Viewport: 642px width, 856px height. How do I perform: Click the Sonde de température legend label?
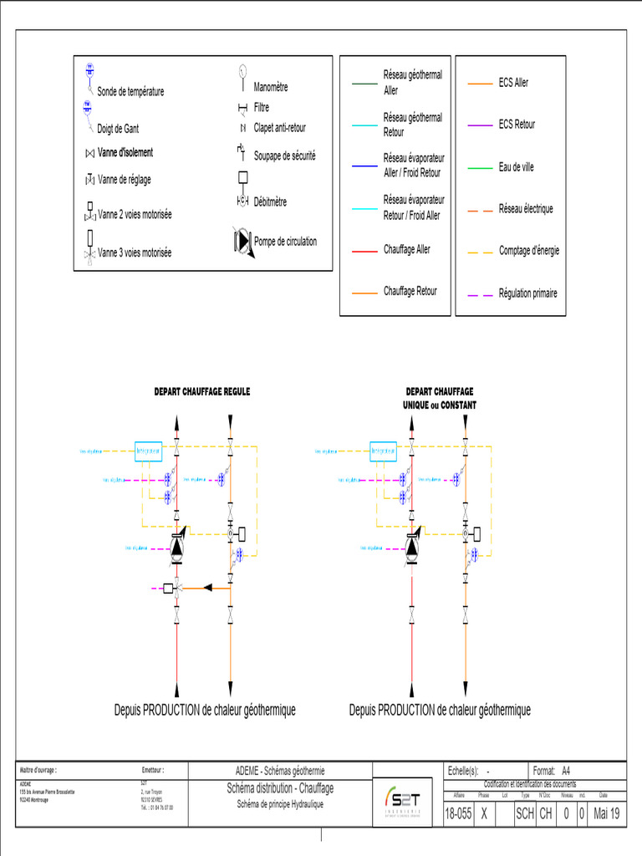tap(130, 92)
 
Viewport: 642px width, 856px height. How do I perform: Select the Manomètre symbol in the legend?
tap(242, 74)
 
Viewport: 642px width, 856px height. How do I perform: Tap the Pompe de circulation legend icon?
tap(241, 241)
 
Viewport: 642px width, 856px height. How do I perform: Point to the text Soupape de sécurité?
tap(285, 155)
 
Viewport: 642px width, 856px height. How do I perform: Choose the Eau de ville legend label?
tap(516, 167)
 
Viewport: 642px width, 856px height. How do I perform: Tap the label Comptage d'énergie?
tap(529, 250)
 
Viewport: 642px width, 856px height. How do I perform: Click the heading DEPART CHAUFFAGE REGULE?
tap(201, 391)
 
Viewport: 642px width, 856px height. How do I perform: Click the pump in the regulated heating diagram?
tap(177, 548)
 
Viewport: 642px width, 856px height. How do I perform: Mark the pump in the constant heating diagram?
tap(411, 548)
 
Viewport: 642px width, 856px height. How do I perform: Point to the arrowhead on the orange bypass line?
tap(210, 588)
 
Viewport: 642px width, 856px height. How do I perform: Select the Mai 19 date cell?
tap(608, 813)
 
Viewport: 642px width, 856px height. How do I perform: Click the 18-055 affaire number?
tap(458, 813)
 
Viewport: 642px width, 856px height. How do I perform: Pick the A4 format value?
tap(566, 771)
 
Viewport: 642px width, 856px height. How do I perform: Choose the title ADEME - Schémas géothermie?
tap(280, 771)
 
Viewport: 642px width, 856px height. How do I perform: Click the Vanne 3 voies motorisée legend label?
tap(135, 252)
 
